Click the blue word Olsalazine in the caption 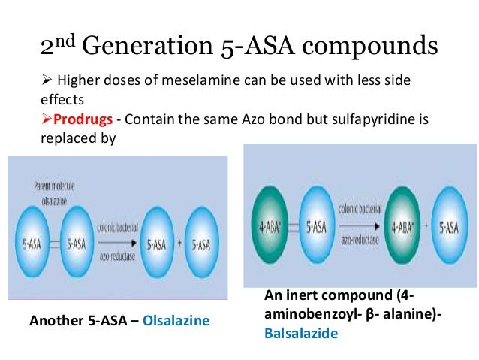tap(177, 321)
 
